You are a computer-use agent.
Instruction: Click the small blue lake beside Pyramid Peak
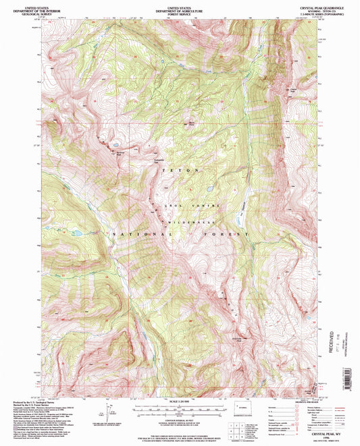[x=116, y=144]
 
